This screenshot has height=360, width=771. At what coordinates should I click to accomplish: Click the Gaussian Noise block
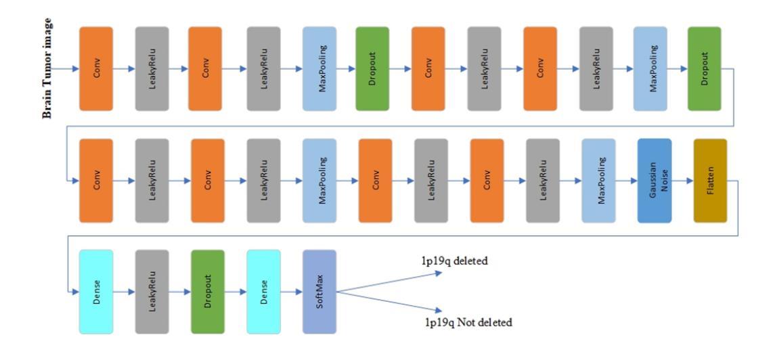point(654,180)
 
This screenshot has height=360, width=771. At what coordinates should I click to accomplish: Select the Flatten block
point(709,180)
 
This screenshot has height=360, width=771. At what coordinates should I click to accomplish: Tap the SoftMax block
point(319,292)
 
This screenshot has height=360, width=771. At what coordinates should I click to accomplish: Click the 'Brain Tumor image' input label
point(47,69)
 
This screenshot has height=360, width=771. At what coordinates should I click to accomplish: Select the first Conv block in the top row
point(95,69)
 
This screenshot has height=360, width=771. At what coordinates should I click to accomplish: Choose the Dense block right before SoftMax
point(263,292)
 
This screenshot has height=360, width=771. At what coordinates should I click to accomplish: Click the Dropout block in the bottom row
point(207,292)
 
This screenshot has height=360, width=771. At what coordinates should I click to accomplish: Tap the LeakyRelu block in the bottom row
point(152,292)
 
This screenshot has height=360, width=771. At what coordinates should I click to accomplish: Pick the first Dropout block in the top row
point(372,69)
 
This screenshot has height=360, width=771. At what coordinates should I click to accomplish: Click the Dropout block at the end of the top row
point(704,69)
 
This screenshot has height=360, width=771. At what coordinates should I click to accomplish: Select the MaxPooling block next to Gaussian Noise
point(598,180)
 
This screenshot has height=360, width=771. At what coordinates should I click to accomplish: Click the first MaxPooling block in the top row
point(319,69)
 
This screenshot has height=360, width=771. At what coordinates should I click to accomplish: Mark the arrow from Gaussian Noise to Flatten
point(682,181)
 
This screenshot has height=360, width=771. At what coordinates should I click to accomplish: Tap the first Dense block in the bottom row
point(95,292)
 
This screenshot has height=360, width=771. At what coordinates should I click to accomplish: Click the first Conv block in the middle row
point(95,180)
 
